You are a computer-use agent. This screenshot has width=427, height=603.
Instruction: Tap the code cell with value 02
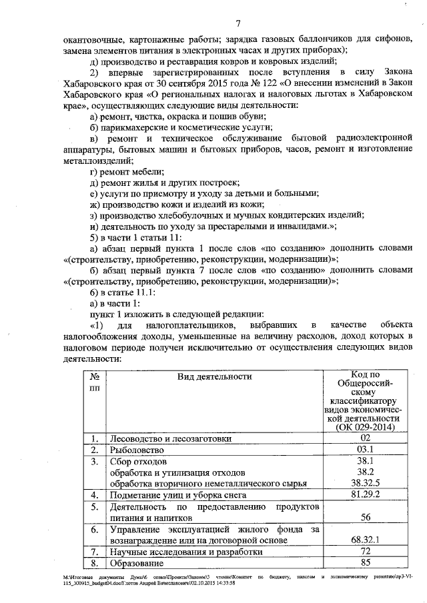click(364, 438)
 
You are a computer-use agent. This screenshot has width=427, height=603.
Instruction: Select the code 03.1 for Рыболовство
click(364, 449)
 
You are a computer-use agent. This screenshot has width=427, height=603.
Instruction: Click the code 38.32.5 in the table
click(364, 482)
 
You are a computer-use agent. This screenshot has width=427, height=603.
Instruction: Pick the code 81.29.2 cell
click(364, 494)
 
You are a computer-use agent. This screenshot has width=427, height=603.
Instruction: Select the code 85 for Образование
click(364, 562)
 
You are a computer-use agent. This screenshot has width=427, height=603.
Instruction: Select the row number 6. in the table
click(95, 529)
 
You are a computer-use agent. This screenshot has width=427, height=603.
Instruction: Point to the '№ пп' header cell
click(94, 382)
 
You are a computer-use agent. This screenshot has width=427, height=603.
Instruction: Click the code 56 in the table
click(364, 516)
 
